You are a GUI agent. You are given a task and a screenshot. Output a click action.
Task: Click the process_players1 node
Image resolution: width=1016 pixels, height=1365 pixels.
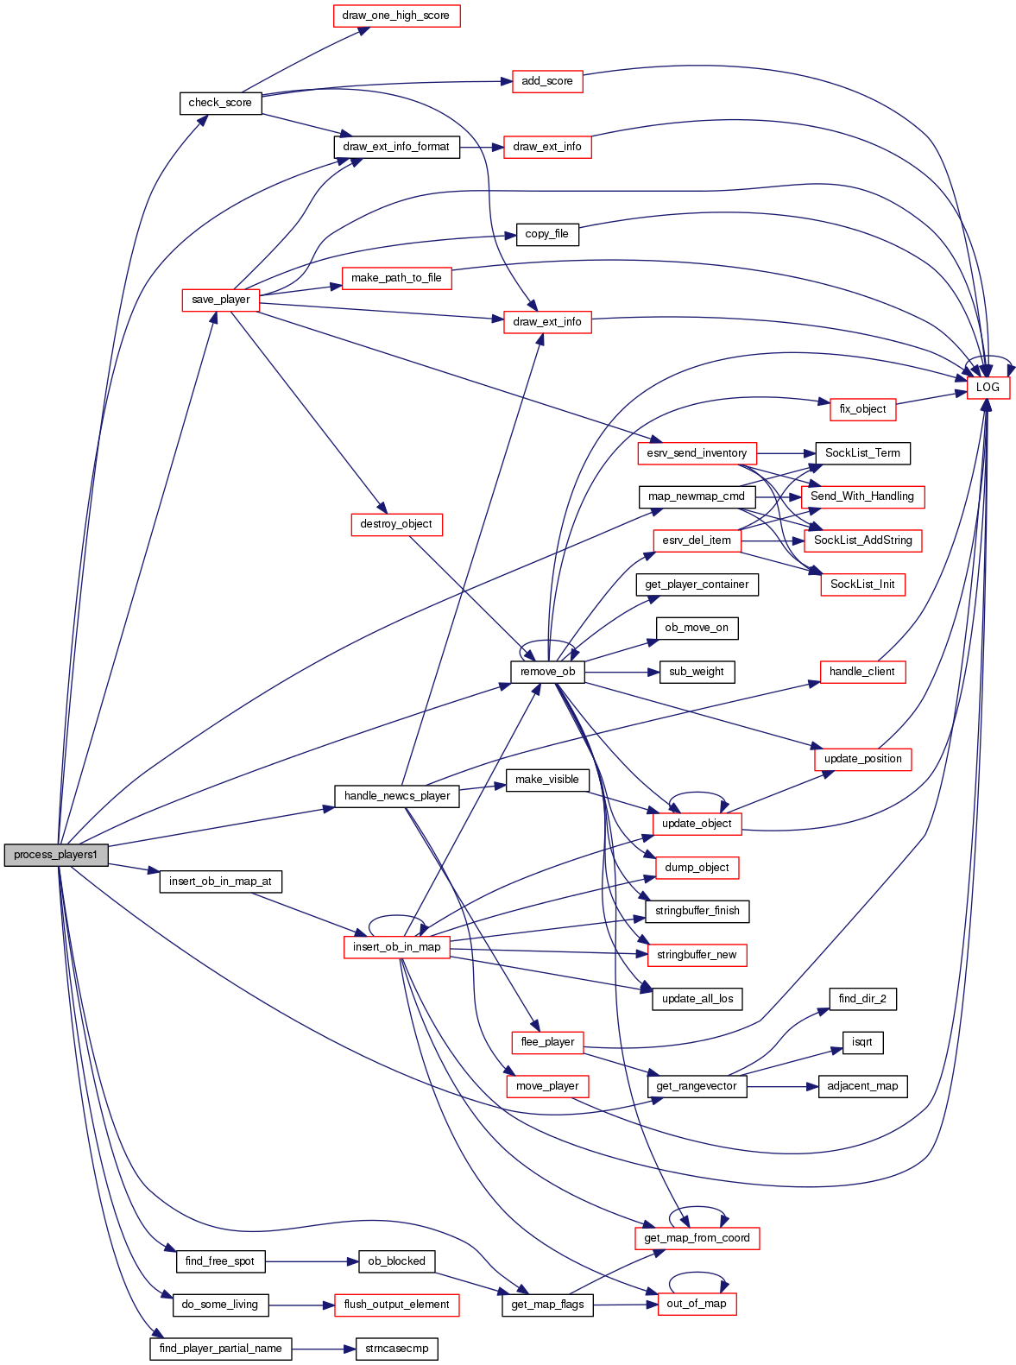pyautogui.click(x=56, y=855)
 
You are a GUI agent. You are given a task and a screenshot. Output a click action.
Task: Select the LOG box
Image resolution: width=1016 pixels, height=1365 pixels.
pyautogui.click(x=988, y=388)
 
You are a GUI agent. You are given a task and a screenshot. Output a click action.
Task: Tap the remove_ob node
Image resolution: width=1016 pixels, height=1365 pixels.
pyautogui.click(x=547, y=672)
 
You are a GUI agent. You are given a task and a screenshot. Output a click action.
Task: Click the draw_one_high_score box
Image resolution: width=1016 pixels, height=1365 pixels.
pyautogui.click(x=396, y=16)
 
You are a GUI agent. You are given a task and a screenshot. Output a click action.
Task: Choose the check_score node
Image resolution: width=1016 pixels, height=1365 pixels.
pyautogui.click(x=220, y=103)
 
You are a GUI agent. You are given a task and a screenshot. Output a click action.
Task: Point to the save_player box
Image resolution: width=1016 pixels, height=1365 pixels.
pyautogui.click(x=221, y=300)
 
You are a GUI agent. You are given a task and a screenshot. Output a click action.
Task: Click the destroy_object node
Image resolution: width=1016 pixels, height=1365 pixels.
pyautogui.click(x=396, y=524)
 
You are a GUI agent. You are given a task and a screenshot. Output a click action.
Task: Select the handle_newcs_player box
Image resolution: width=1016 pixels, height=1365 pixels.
pyautogui.click(x=397, y=796)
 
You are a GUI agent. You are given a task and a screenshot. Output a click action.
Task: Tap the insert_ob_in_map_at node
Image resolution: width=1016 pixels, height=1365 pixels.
pyautogui.click(x=220, y=882)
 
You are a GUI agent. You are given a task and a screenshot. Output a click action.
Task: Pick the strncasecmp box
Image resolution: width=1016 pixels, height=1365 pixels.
pyautogui.click(x=397, y=1349)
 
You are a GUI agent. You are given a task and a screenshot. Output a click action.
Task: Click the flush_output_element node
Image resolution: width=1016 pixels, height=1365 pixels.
pyautogui.click(x=396, y=1305)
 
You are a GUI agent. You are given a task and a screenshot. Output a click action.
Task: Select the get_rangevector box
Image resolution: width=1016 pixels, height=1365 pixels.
pyautogui.click(x=697, y=1086)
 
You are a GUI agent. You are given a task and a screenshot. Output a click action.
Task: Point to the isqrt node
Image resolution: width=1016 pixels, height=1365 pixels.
pyautogui.click(x=862, y=1042)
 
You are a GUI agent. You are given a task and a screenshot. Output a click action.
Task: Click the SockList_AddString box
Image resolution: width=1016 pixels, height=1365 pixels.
pyautogui.click(x=863, y=540)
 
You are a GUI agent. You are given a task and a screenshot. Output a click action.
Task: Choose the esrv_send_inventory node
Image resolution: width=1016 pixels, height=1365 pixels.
pyautogui.click(x=697, y=453)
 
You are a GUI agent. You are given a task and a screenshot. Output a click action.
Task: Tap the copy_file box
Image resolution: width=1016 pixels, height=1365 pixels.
pyautogui.click(x=547, y=234)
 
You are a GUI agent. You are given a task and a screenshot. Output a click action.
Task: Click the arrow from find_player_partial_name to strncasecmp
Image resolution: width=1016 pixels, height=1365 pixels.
pyautogui.click(x=324, y=1349)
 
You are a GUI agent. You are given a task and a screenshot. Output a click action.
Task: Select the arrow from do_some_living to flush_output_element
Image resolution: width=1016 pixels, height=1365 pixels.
pyautogui.click(x=301, y=1305)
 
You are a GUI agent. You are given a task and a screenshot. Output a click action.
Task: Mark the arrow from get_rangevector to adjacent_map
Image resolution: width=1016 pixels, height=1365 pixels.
pyautogui.click(x=782, y=1086)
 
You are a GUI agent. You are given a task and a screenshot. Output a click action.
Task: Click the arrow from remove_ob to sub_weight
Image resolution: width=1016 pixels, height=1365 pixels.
pyautogui.click(x=622, y=672)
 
